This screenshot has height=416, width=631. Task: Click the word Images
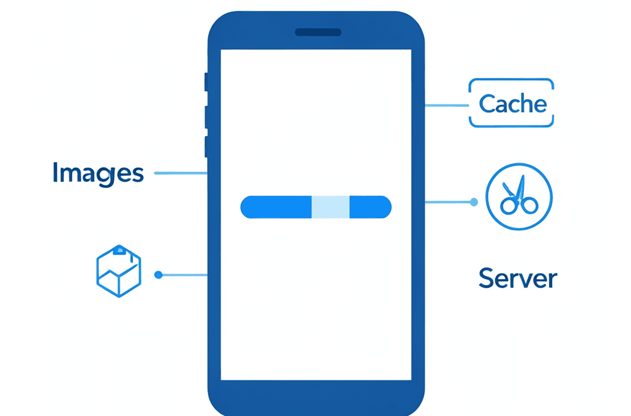coord(98,173)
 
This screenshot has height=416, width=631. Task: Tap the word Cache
coord(513,104)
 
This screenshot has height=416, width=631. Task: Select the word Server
coord(518,279)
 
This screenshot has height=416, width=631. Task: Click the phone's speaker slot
coord(318,32)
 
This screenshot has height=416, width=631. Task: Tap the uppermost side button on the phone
coord(206,82)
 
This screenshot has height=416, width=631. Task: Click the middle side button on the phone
coord(206,117)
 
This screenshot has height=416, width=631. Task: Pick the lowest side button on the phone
coord(206,147)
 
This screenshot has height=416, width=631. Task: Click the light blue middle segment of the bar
coord(330,207)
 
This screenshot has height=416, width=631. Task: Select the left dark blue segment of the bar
coord(276,207)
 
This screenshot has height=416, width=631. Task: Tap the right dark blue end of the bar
coord(370,207)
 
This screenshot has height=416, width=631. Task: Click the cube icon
coord(119,271)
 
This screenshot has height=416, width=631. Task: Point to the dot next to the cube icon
coord(158,275)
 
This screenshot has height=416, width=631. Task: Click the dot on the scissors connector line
coord(474,202)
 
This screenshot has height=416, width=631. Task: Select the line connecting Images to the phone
coord(181,173)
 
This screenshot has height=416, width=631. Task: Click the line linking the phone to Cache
coord(447,105)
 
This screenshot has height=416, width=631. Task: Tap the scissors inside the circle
coord(519,195)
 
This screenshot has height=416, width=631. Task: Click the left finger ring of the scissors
coord(508,205)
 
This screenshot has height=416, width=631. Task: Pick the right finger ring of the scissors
coord(529,205)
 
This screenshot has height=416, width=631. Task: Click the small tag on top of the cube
coord(120,251)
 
